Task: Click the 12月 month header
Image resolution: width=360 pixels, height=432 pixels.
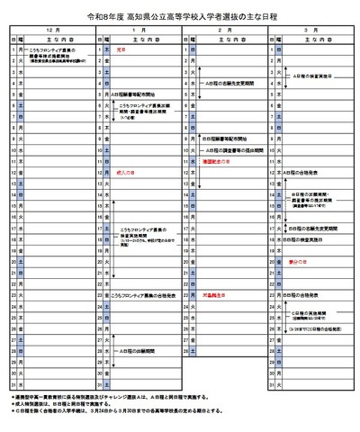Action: (x=52, y=30)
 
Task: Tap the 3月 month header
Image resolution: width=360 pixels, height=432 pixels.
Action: (x=310, y=30)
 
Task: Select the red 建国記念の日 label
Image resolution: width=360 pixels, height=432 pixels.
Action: (x=214, y=160)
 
